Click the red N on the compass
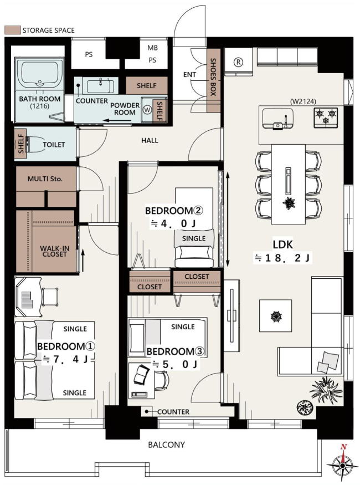pos(343,447)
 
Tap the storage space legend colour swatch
pos(13,30)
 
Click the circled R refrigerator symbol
pos(238,62)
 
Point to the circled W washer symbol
pos(147,110)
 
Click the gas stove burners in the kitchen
pos(326,116)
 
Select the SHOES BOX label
pos(213,76)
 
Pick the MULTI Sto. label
pos(45,179)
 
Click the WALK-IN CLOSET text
pos(54,251)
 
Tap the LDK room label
pos(282,244)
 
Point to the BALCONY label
pos(166,445)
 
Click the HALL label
pos(150,140)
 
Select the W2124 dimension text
pos(303,101)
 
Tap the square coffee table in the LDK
pos(275,315)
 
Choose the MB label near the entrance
pos(152,48)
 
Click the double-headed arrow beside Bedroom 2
pos(228,219)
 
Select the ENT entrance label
pos(189,74)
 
